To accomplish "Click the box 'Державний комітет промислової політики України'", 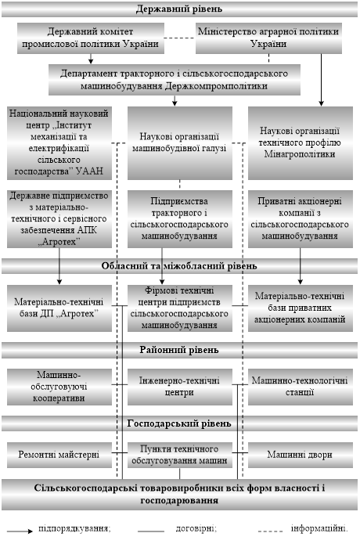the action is (x=91, y=38).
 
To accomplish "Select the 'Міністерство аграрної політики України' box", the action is (x=268, y=38).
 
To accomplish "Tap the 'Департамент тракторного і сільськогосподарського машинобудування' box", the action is (x=174, y=80).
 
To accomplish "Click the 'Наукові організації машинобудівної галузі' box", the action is (x=180, y=143).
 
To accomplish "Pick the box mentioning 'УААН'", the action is (x=59, y=143).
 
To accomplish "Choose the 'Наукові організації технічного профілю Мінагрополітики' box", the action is (x=301, y=143).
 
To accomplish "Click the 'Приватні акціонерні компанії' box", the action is (x=301, y=219).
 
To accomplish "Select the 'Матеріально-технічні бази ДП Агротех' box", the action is (x=59, y=308).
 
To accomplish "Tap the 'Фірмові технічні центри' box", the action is (x=180, y=308).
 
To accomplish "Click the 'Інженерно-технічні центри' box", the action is (x=180, y=387).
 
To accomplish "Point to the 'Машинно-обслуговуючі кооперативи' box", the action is (x=59, y=387).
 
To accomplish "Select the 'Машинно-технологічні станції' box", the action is (x=301, y=387).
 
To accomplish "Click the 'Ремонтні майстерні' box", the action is (x=59, y=455).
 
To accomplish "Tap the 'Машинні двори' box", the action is (x=301, y=455).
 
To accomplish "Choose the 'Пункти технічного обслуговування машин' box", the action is (x=180, y=455).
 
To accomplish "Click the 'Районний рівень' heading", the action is (x=179, y=350).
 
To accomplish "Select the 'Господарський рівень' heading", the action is (x=179, y=423).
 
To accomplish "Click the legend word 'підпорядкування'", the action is (x=74, y=529).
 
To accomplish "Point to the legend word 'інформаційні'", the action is (x=319, y=528).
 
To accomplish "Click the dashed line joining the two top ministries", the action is (x=180, y=38).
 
